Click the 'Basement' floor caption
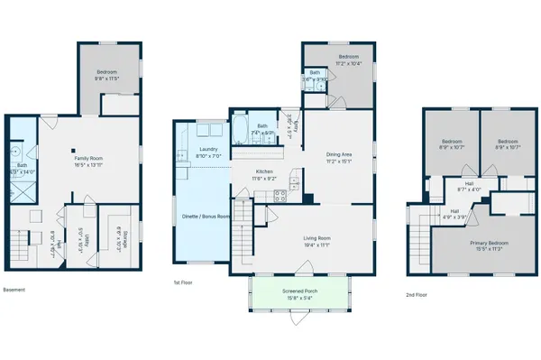point(14,290)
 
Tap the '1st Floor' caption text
point(184,282)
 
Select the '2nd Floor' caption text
point(416,295)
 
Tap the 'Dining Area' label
point(338,154)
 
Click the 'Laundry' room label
point(208,150)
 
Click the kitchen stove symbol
point(280,195)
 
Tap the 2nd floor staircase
point(418,239)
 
